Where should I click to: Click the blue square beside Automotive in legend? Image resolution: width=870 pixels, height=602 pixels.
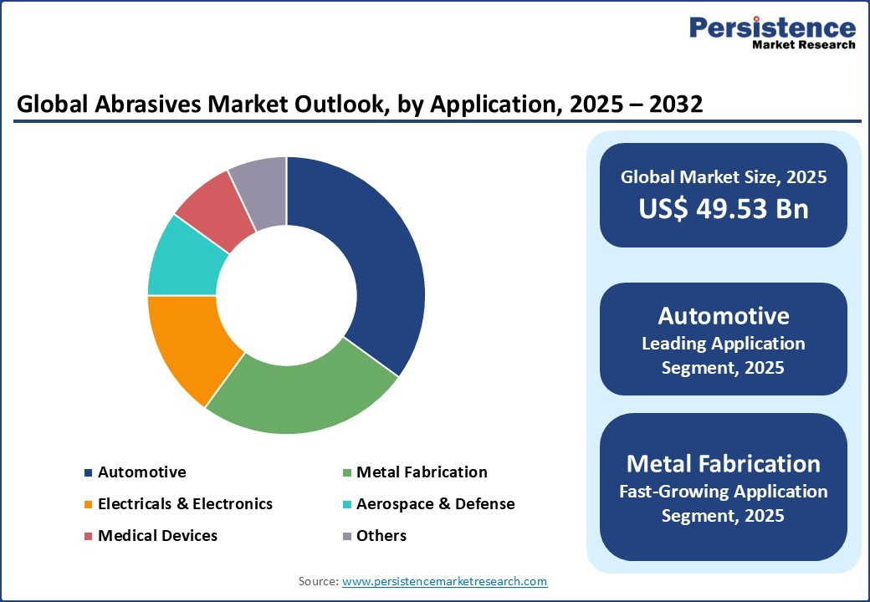[x=88, y=473]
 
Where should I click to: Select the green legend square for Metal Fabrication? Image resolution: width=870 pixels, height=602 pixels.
[x=347, y=473]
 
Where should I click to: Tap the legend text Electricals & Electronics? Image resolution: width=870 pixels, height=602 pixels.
[x=186, y=504]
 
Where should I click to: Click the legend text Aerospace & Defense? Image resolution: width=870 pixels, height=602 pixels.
[x=436, y=504]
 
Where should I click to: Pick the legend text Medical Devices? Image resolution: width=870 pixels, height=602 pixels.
[x=157, y=535]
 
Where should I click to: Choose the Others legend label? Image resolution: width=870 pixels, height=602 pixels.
[x=381, y=535]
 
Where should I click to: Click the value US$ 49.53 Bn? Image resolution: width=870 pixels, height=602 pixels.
[x=724, y=208]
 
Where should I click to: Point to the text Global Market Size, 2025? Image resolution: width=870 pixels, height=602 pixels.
[x=724, y=176]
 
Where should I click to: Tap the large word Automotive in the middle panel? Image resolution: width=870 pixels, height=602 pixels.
[x=724, y=316]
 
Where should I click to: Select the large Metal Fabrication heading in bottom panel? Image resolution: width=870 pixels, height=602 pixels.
[x=724, y=464]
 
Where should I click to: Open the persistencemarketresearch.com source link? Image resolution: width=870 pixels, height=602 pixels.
[x=444, y=581]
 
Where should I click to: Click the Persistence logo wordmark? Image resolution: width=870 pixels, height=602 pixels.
[x=772, y=28]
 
